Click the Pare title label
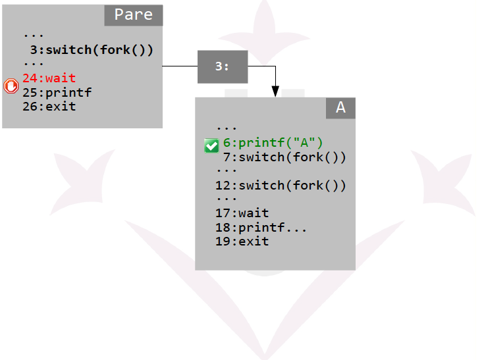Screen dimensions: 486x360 134,15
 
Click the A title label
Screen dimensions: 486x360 340,108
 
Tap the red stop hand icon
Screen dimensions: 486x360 11,86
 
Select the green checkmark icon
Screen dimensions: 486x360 211,145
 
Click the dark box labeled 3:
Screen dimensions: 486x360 223,66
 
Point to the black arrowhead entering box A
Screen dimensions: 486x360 275,91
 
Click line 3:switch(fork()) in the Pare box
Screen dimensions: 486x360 92,50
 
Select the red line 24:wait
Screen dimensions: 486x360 49,78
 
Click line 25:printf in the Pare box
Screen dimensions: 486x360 57,92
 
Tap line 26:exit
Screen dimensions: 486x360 49,107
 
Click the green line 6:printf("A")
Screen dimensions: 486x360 273,143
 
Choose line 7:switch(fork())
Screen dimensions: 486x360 284,157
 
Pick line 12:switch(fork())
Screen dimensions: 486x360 281,186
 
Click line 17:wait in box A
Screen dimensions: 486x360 242,213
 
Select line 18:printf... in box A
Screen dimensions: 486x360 261,228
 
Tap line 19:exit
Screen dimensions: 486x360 242,242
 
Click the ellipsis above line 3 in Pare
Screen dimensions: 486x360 34,36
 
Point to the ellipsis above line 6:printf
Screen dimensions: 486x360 227,128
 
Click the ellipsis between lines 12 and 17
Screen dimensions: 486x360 227,199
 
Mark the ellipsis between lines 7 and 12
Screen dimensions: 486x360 227,170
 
